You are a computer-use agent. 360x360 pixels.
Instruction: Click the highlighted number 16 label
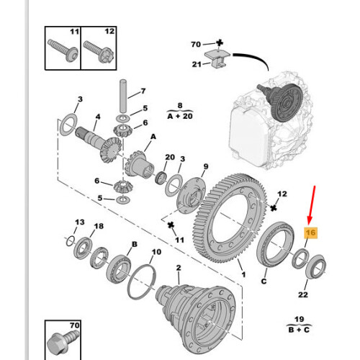pyautogui.click(x=311, y=233)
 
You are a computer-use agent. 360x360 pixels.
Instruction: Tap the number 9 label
pyautogui.click(x=207, y=166)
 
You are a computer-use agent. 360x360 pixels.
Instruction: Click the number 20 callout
pyautogui.click(x=170, y=158)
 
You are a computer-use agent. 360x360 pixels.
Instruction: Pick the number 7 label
pyautogui.click(x=143, y=91)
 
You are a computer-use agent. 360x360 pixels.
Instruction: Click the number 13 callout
pyautogui.click(x=80, y=222)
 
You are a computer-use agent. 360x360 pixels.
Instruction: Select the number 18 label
pyautogui.click(x=99, y=227)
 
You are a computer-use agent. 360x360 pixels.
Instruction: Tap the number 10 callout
pyautogui.click(x=156, y=253)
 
